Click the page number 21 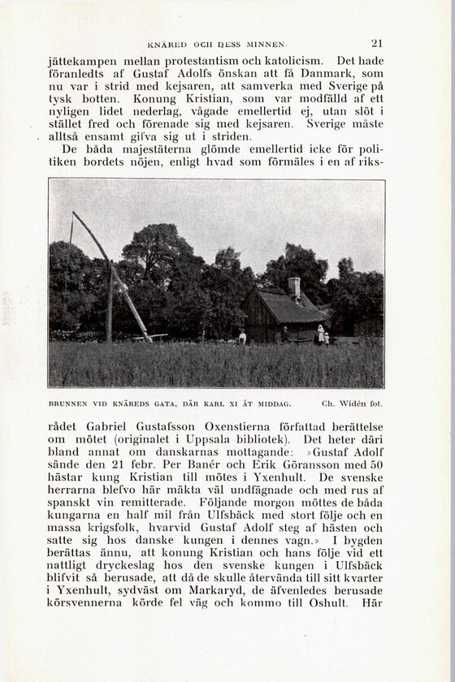pyautogui.click(x=376, y=44)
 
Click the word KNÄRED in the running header pyautogui.click(x=167, y=44)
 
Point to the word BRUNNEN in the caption pyautogui.click(x=67, y=403)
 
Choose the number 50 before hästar pyautogui.click(x=375, y=464)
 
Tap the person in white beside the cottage pyautogui.click(x=321, y=334)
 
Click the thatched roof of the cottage pyautogui.click(x=284, y=308)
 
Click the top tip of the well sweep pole pyautogui.click(x=74, y=214)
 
